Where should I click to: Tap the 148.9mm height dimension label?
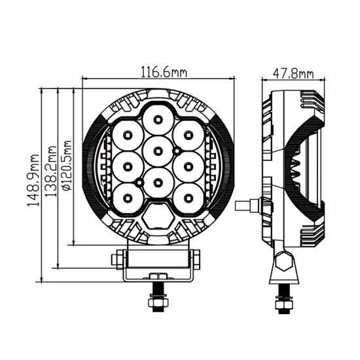tap(33, 180)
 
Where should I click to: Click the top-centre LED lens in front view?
tap(158, 118)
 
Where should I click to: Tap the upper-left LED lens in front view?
tap(127, 135)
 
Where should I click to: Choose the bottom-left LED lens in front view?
tap(127, 194)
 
